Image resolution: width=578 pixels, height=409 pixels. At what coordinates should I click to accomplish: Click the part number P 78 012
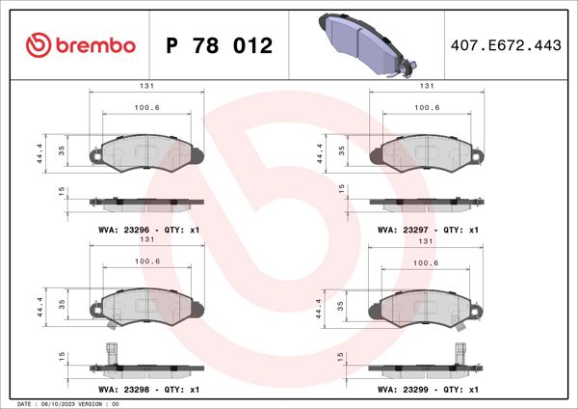click(x=220, y=46)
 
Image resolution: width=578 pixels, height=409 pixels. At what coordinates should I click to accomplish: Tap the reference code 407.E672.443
click(x=506, y=46)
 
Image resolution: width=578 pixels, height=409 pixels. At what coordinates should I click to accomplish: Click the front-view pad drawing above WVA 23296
click(x=146, y=152)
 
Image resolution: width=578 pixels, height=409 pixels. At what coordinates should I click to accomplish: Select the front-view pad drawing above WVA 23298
click(x=146, y=309)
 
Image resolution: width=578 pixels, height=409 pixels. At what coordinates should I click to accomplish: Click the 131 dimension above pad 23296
click(x=146, y=86)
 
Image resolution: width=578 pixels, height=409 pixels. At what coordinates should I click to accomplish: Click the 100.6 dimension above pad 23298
click(x=146, y=261)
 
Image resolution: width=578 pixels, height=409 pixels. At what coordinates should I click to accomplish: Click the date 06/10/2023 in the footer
click(x=57, y=403)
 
